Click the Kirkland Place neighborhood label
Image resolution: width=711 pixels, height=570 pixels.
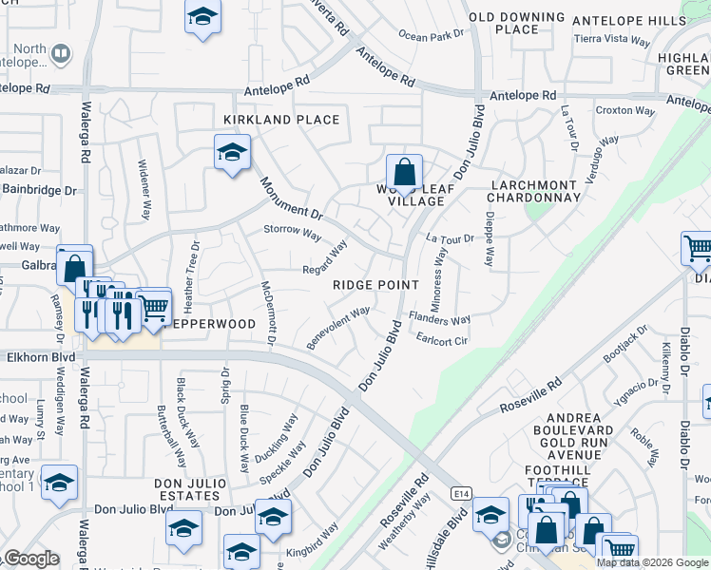click(x=280, y=120)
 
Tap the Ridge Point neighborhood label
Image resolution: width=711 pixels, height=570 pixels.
click(x=375, y=285)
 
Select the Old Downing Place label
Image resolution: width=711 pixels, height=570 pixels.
click(x=517, y=23)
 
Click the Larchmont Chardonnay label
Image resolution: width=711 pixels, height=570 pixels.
click(x=533, y=191)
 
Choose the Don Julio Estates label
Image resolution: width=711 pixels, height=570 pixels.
click(x=182, y=490)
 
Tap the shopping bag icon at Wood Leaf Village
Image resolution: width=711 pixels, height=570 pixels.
click(x=404, y=173)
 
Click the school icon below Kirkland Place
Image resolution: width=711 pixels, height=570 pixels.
click(x=231, y=152)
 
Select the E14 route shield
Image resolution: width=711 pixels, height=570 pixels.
click(x=461, y=492)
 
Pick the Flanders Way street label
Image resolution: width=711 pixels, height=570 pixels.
click(x=439, y=320)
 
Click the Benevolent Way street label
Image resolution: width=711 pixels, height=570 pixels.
click(x=338, y=326)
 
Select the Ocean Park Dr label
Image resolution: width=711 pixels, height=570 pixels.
click(x=431, y=35)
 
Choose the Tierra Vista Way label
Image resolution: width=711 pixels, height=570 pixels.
click(x=612, y=41)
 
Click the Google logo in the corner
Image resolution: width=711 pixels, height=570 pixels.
click(x=30, y=559)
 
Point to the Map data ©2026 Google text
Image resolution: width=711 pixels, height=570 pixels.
click(x=652, y=562)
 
